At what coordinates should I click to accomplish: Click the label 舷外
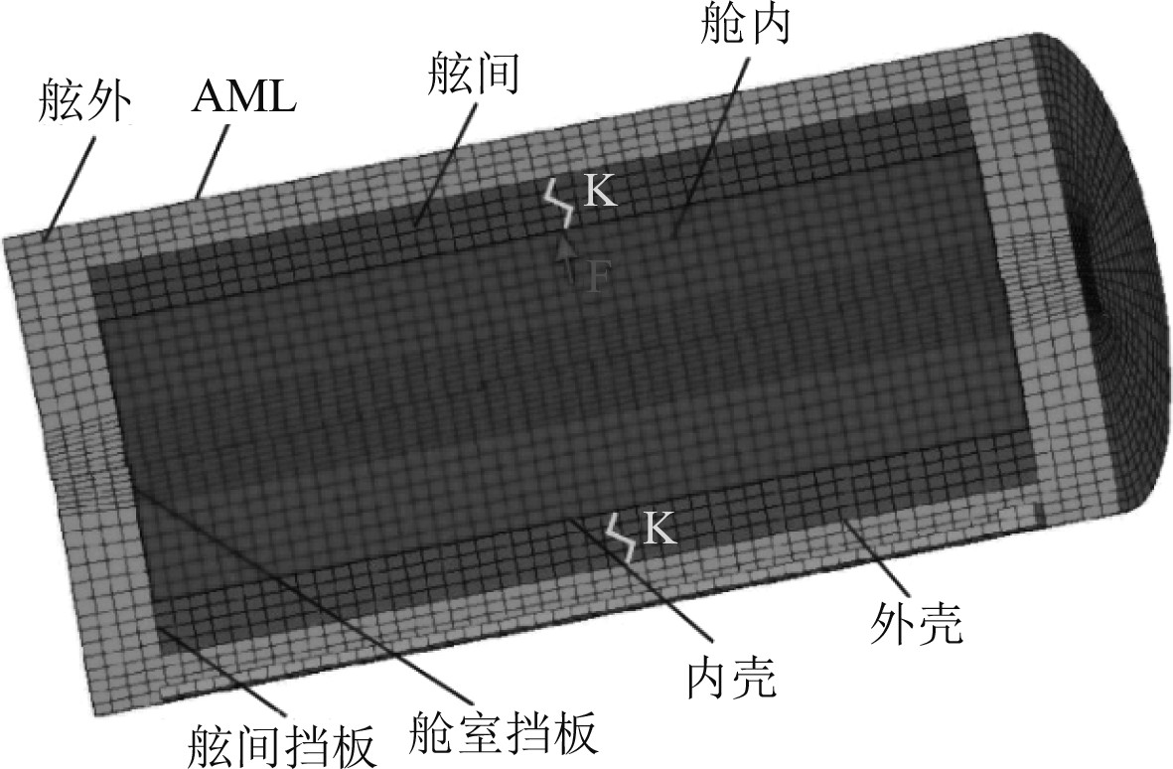click(84, 102)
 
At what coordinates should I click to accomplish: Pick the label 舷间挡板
click(282, 743)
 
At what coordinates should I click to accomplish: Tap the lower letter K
click(660, 529)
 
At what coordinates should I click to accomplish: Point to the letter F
click(597, 278)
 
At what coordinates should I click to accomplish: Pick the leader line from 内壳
click(636, 576)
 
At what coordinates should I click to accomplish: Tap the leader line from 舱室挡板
click(298, 596)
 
